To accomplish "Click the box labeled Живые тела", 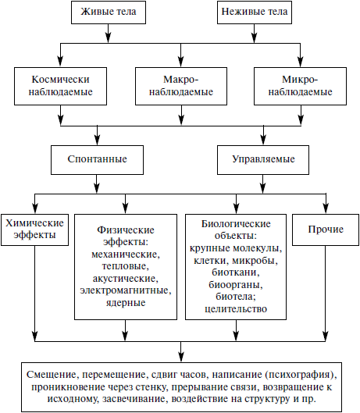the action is tap(109, 12).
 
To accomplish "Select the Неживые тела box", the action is tap(255, 12).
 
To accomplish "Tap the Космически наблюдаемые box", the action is tap(60, 86).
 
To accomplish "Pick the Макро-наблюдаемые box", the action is tap(181, 86).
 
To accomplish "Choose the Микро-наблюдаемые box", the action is tap(300, 86).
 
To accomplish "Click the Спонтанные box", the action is tap(97, 160).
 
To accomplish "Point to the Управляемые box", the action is tap(263, 160).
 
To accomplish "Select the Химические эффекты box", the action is tap(34, 230).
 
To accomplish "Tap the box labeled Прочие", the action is tap(326, 230).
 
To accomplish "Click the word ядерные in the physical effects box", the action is tap(126, 303).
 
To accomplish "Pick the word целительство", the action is tap(236, 308).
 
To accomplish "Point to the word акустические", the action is tap(126, 279).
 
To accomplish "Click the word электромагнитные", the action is tap(126, 290).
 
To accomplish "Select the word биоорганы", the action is tap(236, 284).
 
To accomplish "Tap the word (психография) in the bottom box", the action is tap(301, 375).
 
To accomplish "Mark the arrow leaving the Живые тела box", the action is tap(109, 34).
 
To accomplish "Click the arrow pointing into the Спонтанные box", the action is tap(97, 136).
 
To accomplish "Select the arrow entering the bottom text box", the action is tap(181, 352).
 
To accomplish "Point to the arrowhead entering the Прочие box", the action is tap(326, 208).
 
